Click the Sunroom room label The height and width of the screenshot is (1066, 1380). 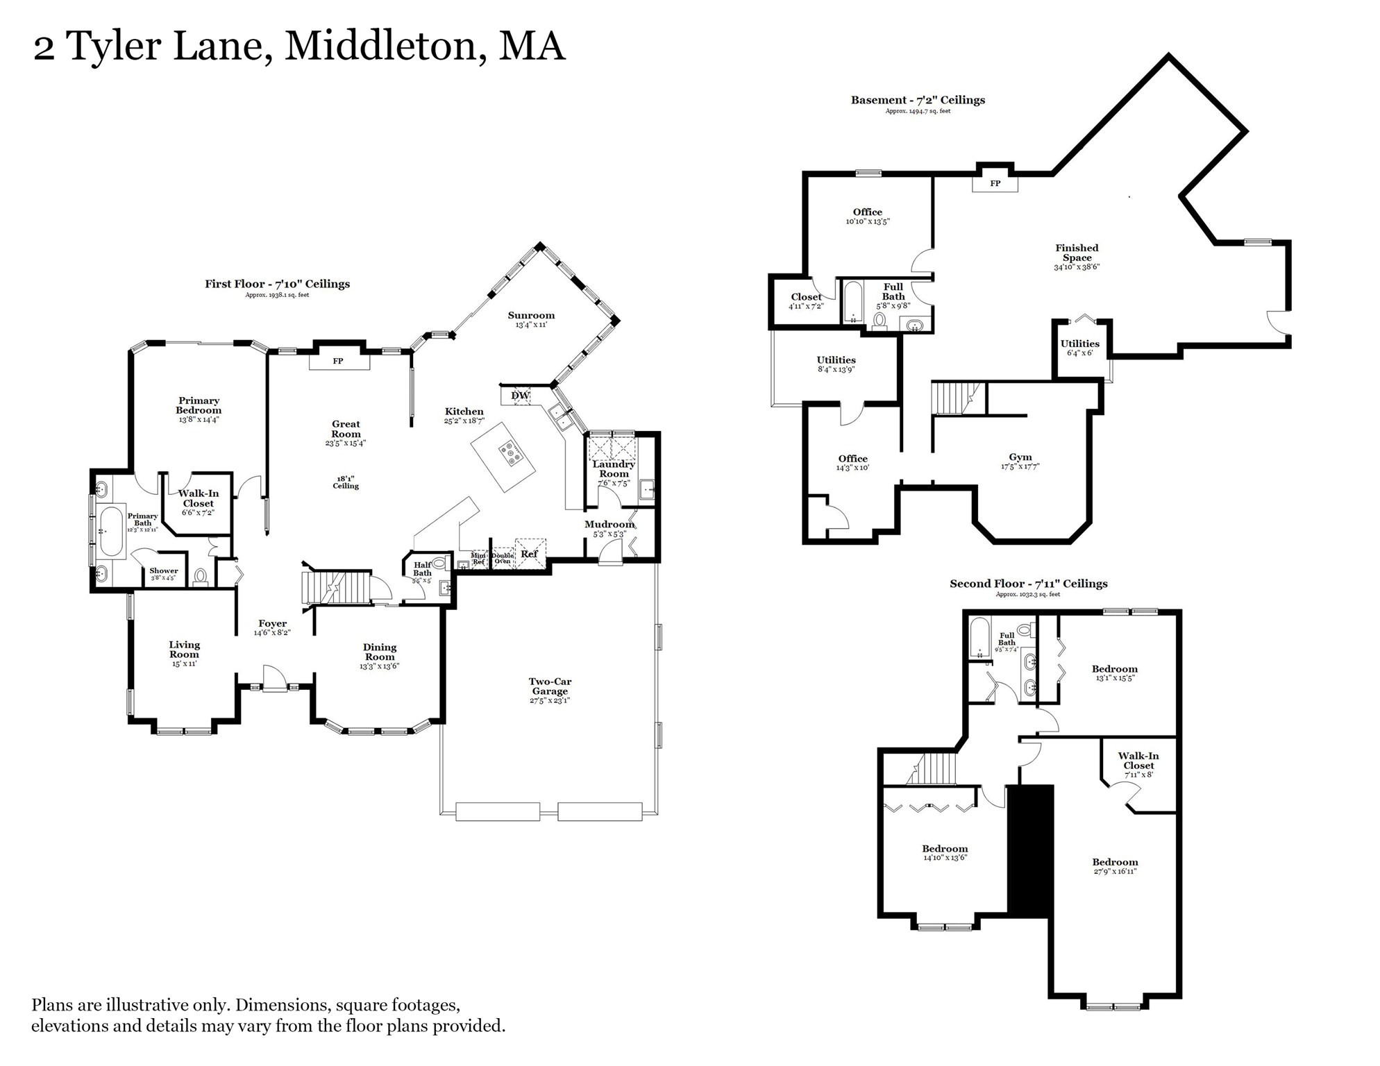(531, 316)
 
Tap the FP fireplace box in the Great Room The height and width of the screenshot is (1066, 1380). (338, 362)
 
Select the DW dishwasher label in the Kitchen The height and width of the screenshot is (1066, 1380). (520, 396)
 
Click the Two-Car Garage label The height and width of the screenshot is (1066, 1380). (550, 686)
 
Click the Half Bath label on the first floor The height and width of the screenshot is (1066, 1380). (422, 569)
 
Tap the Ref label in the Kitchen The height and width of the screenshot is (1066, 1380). (529, 554)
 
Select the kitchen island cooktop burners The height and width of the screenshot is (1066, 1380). (512, 453)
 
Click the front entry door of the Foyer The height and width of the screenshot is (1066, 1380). (274, 677)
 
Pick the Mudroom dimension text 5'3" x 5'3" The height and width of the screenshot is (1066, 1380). (609, 534)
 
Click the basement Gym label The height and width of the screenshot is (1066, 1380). (1020, 457)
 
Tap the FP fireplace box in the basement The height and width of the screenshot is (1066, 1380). (995, 184)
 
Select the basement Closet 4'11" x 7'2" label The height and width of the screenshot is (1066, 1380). (806, 297)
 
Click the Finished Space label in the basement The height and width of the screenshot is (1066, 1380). (1077, 253)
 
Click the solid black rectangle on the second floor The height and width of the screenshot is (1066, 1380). (1031, 851)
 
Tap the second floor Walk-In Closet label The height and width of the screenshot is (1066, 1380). (1138, 761)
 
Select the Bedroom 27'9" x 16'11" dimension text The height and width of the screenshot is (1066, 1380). (1115, 871)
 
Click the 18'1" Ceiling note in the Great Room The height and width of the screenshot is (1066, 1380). (346, 482)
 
